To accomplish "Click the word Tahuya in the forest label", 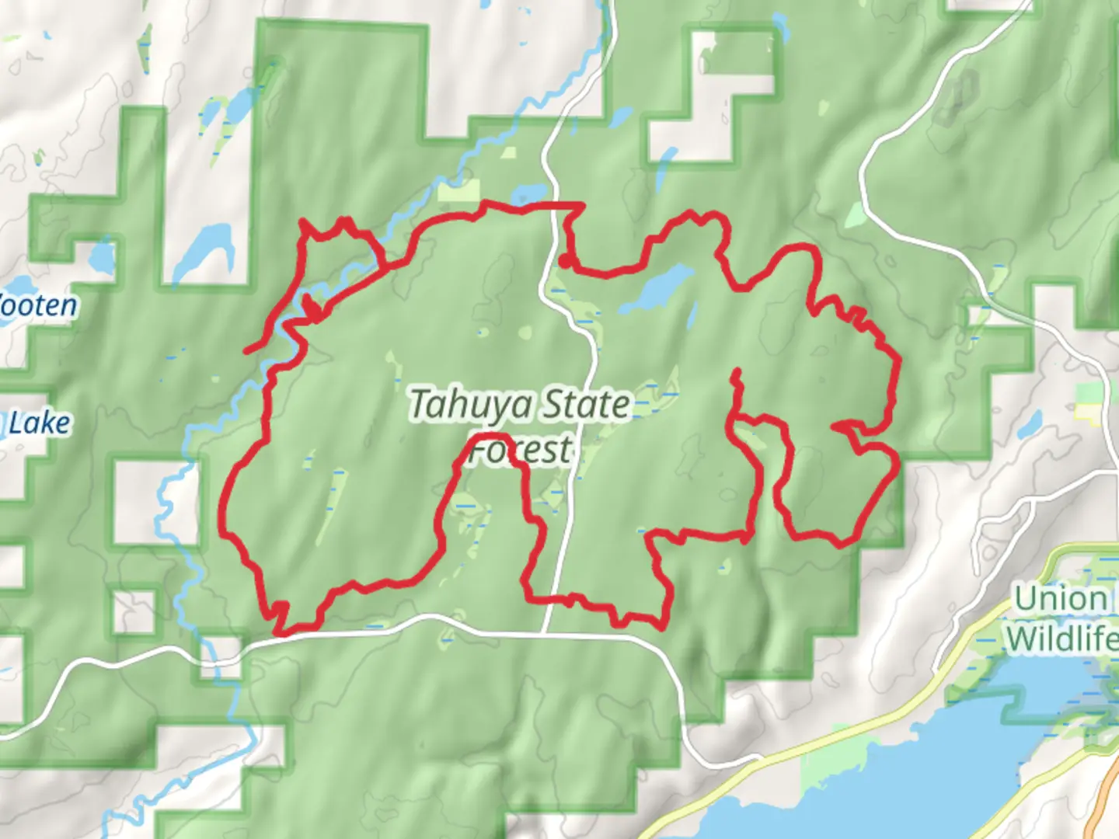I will point(471,405).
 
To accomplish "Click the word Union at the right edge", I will point(1061,599).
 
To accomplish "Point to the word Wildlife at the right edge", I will point(1061,639).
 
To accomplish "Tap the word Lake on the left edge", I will point(39,423).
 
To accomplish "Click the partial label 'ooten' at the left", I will point(39,305).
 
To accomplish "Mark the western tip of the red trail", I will point(246,351).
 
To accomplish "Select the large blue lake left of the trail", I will point(204,249).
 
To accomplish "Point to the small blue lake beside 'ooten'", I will point(102,256).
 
